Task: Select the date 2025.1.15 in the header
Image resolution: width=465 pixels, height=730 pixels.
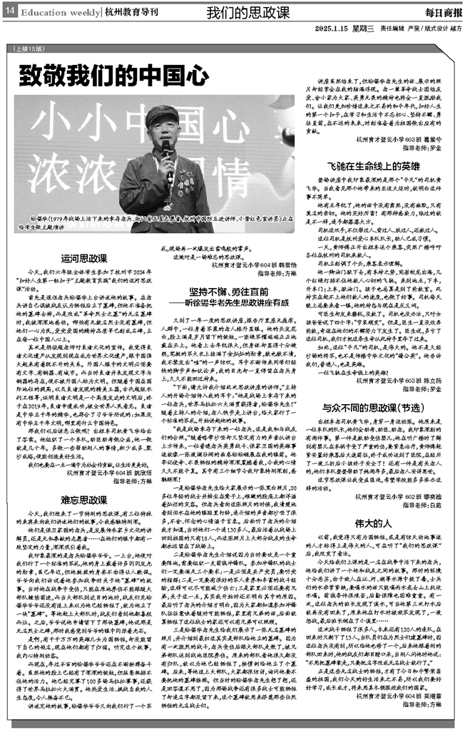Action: coord(329,29)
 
